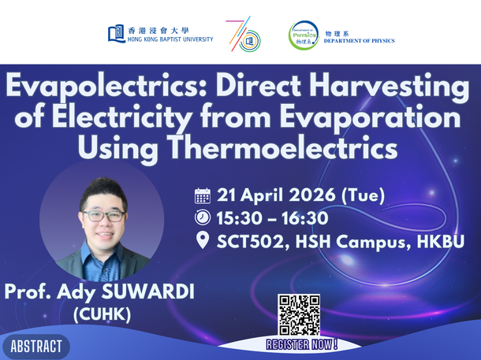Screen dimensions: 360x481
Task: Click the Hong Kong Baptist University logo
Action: click(x=160, y=33)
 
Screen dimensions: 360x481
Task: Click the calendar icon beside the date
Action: click(x=203, y=195)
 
